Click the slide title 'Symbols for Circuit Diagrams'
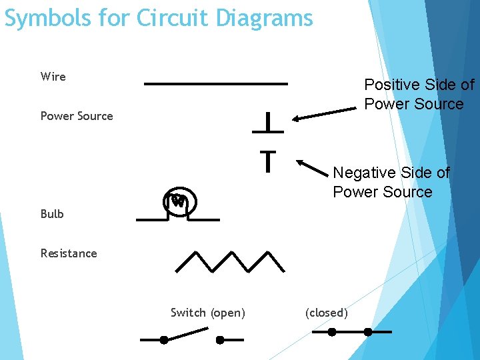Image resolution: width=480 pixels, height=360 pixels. pos(159,18)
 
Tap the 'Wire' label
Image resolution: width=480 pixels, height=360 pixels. pos(53,77)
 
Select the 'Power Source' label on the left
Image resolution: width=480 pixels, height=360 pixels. pos(77,116)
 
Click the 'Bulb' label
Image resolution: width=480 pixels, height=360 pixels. pos(52,214)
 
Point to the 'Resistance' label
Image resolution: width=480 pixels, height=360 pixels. pos(69,253)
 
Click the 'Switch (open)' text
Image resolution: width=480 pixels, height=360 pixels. pos(208,313)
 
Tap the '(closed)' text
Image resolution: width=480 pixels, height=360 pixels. pos(326,313)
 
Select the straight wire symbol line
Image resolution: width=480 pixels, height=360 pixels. pos(216,84)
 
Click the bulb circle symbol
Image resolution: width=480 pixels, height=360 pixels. pos(178,201)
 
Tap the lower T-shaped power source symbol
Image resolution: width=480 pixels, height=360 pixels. pos(267,160)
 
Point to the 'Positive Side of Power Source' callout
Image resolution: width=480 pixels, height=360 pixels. pos(419,95)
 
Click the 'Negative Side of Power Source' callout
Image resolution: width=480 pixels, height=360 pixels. pos(391,182)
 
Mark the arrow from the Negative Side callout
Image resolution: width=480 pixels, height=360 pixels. pos(315,170)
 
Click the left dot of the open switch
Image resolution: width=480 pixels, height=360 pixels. pos(164,339)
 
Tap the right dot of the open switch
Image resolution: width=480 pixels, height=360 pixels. pos(220,339)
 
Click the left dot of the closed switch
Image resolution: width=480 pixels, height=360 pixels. pos(332,331)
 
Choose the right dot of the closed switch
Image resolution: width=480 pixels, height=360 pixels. pos(367,331)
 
